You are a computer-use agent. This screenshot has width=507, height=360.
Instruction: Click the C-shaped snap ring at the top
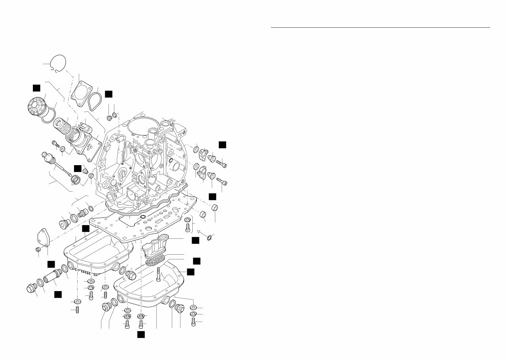pos(60,63)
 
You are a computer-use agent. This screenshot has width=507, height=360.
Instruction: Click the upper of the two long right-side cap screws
pos(221,163)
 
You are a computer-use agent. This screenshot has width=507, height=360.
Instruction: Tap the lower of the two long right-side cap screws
pos(222,182)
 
